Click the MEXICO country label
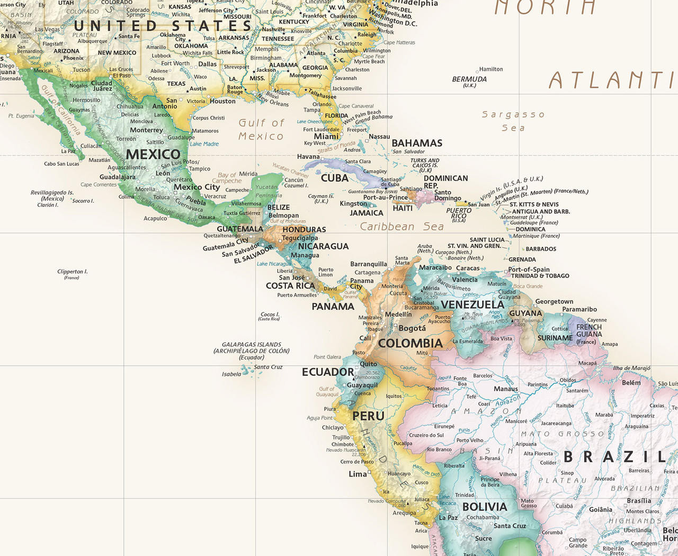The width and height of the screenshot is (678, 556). click(153, 154)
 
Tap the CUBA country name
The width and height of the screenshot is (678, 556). click(335, 178)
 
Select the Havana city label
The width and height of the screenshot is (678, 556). click(308, 157)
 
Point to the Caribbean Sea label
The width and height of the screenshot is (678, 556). click(402, 227)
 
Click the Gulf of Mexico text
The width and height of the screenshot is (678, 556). click(261, 130)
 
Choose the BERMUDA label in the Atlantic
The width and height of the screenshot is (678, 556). click(469, 79)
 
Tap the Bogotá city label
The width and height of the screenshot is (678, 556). click(412, 328)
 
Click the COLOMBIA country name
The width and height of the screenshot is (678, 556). click(410, 343)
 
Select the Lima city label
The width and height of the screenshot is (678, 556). click(358, 474)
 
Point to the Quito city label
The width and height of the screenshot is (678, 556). click(369, 364)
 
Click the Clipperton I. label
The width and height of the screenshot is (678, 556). click(73, 272)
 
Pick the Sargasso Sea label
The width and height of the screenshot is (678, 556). click(513, 121)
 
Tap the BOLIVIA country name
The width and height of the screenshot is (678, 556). click(484, 507)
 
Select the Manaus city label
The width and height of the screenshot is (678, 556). click(506, 389)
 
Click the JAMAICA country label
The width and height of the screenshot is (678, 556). click(367, 213)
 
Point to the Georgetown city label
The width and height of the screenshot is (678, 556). click(554, 301)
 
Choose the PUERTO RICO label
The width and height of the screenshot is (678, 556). click(459, 213)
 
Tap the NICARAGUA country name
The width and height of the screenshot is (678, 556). click(323, 246)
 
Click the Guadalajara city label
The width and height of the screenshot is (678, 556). click(118, 177)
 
